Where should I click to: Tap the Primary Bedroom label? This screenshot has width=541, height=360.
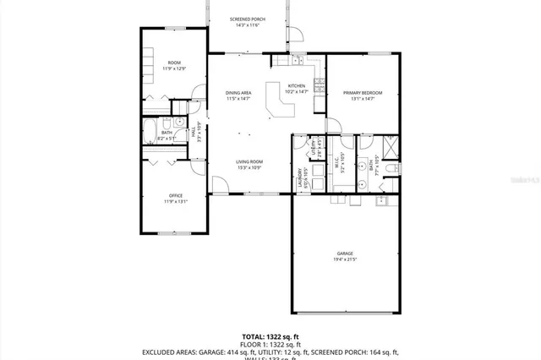362,92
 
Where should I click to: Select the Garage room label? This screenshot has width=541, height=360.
344,253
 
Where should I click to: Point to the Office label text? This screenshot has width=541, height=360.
175,195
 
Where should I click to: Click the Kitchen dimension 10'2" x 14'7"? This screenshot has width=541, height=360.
297,92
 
